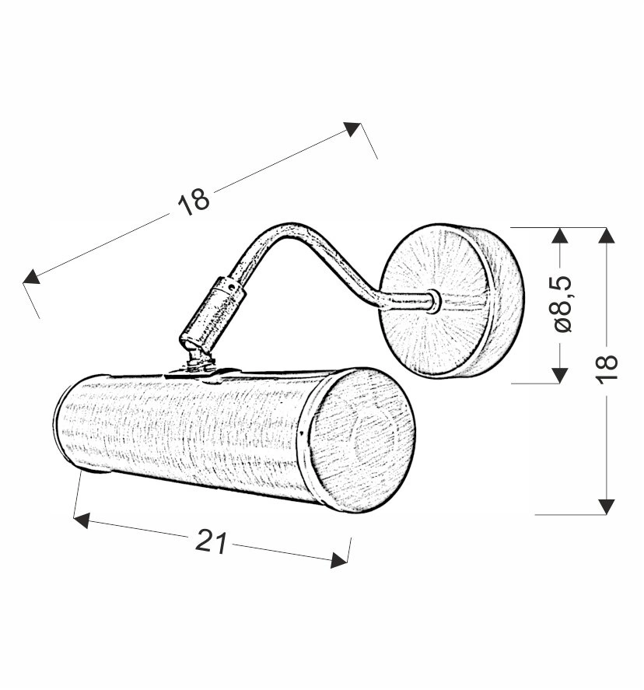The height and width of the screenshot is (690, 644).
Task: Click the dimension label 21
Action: tap(211, 542)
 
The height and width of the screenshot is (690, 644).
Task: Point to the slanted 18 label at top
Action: tap(194, 201)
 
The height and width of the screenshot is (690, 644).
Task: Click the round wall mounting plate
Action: tap(452, 301)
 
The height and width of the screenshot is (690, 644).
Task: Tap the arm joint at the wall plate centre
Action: tap(434, 301)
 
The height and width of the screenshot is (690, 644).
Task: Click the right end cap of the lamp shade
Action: tap(361, 440)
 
